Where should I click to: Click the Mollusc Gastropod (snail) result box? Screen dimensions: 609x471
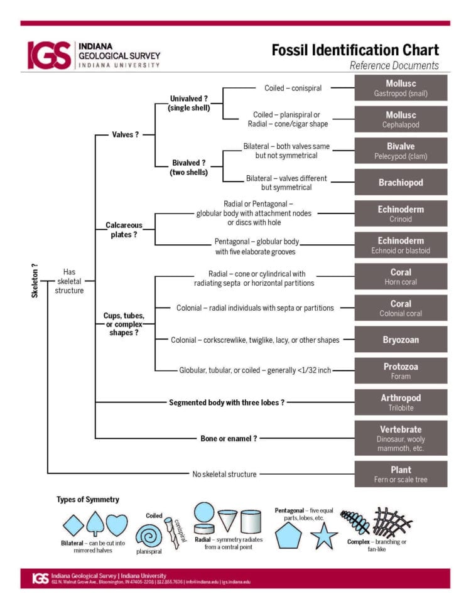(401, 88)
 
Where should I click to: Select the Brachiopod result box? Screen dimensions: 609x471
(401, 182)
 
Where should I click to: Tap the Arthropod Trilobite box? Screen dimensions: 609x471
(401, 402)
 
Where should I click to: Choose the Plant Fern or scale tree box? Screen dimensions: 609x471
(401, 474)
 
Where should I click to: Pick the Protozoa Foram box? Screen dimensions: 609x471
(401, 370)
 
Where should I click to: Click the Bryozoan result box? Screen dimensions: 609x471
(401, 339)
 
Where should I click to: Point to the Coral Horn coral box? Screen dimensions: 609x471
(401, 276)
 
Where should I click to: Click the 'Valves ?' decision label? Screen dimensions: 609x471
(125, 134)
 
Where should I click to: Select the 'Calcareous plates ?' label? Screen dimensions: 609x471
(124, 229)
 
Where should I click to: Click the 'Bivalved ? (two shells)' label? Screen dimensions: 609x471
(190, 167)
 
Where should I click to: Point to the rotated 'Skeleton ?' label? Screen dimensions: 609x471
(35, 280)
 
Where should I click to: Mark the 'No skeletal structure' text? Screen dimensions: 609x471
(224, 474)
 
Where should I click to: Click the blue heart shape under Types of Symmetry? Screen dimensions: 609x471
(116, 524)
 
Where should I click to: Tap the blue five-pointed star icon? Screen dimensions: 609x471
(324, 536)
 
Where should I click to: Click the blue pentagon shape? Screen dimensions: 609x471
(288, 536)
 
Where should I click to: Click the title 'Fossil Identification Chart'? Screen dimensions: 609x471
(355, 50)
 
